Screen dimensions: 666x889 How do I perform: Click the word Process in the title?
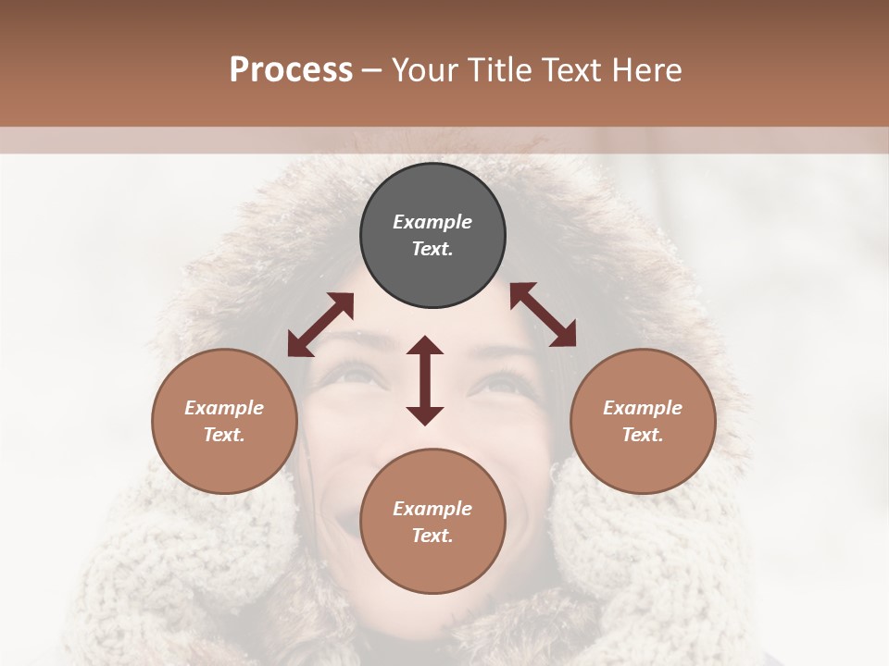pyautogui.click(x=291, y=70)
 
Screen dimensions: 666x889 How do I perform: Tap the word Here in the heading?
pyautogui.click(x=647, y=70)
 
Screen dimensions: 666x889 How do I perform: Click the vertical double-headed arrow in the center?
pyautogui.click(x=425, y=380)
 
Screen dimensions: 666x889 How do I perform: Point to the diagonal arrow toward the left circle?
pyautogui.click(x=320, y=325)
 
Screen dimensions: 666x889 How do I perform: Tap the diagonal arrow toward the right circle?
pyautogui.click(x=543, y=314)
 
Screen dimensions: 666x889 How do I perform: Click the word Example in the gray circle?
pyautogui.click(x=432, y=222)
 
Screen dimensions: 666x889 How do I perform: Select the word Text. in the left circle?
pyautogui.click(x=224, y=435)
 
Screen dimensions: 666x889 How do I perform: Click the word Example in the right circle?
pyautogui.click(x=643, y=408)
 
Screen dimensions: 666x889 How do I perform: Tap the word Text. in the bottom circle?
pyautogui.click(x=432, y=536)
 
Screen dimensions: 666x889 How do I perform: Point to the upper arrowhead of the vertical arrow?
pyautogui.click(x=425, y=346)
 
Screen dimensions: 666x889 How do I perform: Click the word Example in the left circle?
pyautogui.click(x=224, y=408)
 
